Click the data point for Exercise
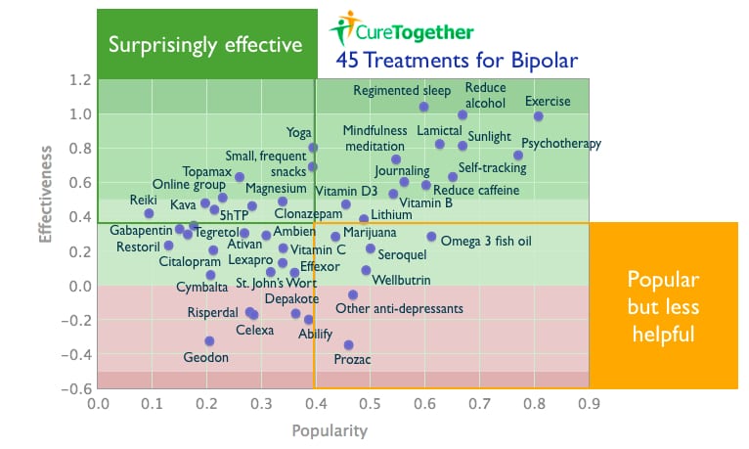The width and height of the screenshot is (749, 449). (x=539, y=116)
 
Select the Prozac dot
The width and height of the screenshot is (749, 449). (x=349, y=345)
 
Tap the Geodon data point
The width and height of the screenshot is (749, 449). (x=209, y=341)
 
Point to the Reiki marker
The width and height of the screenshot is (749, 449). (x=149, y=213)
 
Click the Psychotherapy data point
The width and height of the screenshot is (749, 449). (x=518, y=156)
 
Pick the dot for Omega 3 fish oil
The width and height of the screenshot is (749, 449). (x=431, y=237)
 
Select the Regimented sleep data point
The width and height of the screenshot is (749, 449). (x=423, y=107)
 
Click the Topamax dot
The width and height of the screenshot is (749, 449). (x=240, y=177)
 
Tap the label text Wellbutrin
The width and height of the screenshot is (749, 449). (x=401, y=280)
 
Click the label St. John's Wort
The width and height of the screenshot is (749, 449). (x=277, y=283)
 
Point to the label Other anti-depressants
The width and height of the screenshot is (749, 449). (x=399, y=308)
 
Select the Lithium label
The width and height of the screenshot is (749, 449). (x=392, y=214)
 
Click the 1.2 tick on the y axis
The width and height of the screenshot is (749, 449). (x=80, y=79)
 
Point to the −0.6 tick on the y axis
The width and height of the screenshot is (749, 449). (x=76, y=388)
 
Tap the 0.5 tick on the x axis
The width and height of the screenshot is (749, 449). (x=371, y=404)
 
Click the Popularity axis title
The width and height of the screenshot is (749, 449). (x=330, y=430)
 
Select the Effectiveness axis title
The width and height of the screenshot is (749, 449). (x=45, y=195)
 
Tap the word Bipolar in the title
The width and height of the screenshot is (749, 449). (x=544, y=62)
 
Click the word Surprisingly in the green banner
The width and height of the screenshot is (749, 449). (x=163, y=45)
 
